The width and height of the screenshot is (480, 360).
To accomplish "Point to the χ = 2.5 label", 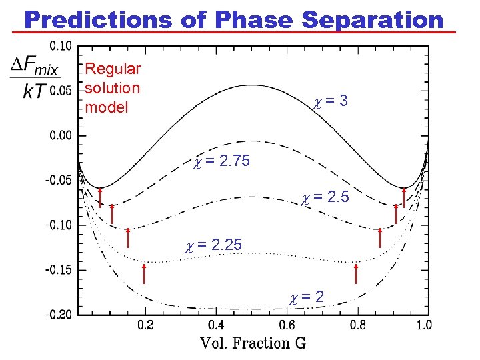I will click(x=325, y=198).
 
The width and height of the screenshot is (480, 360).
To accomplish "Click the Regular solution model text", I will click(x=113, y=88).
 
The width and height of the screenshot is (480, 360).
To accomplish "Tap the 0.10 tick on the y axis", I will click(x=62, y=46).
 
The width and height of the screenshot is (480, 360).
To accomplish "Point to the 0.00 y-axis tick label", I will click(x=62, y=135).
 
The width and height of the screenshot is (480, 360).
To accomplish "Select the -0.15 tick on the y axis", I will click(x=60, y=270).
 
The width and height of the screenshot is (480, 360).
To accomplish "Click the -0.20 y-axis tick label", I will click(x=60, y=315).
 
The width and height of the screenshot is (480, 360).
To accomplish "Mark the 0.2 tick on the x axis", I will click(x=145, y=325).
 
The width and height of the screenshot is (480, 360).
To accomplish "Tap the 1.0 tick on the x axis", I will click(x=423, y=325).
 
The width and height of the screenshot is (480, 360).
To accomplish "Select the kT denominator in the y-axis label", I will click(x=35, y=91).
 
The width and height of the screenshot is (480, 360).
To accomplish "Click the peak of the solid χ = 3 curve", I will click(x=251, y=85).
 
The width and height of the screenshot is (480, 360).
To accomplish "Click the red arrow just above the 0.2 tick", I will click(x=144, y=273).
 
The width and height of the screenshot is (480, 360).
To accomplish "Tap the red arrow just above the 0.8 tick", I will click(x=357, y=273).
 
